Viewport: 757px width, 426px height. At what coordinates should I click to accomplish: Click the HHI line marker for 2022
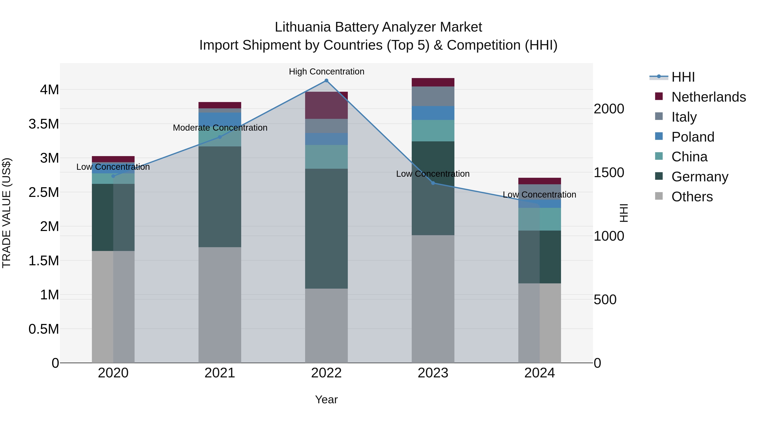(326, 81)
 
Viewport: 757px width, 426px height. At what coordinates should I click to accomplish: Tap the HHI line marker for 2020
(113, 176)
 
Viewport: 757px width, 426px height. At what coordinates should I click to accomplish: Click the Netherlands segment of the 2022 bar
(326, 105)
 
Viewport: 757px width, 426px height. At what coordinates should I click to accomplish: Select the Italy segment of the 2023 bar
(433, 96)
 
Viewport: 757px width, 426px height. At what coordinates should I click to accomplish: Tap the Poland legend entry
(693, 137)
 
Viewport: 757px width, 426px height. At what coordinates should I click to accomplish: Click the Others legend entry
(692, 197)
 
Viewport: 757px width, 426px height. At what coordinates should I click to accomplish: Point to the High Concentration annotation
(327, 72)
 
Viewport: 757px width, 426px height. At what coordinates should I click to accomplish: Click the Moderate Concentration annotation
(220, 128)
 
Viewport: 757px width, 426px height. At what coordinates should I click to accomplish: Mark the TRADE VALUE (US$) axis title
(7, 213)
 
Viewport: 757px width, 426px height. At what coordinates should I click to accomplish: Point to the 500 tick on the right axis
(605, 300)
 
